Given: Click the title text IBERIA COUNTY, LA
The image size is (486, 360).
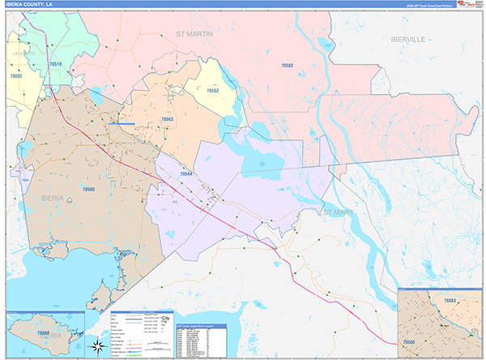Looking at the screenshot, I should pyautogui.click(x=34, y=5).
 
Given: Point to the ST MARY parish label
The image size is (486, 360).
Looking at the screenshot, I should pyautogui.click(x=339, y=212).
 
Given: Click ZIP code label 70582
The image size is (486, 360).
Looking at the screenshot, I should pyautogui.click(x=288, y=65).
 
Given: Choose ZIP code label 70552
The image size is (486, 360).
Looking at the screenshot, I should pyautogui.click(x=212, y=91).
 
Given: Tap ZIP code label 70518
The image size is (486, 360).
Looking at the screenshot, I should pyautogui.click(x=55, y=63).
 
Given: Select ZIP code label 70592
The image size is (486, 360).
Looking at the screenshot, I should pyautogui.click(x=17, y=75).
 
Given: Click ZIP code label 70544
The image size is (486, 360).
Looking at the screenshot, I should pyautogui.click(x=186, y=174).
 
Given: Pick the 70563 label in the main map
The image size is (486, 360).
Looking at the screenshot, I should pyautogui.click(x=168, y=119).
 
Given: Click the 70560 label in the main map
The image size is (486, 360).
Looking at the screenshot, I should pyautogui.click(x=87, y=188).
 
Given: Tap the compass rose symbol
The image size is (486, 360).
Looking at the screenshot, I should pyautogui.click(x=97, y=347).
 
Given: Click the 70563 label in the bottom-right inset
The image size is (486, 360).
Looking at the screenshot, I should pyautogui.click(x=451, y=301).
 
